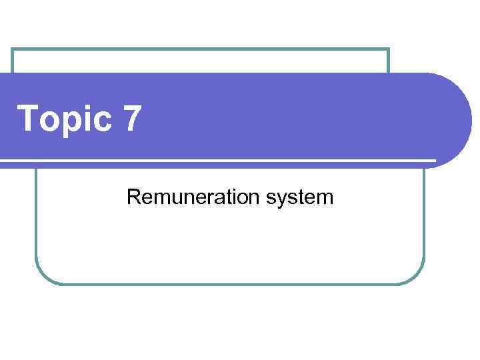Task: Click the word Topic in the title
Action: tap(64, 119)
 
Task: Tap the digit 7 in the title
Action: tap(132, 118)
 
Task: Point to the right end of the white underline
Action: tap(434, 161)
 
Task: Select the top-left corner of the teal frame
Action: tap(13, 50)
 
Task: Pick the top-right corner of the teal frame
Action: tap(388, 50)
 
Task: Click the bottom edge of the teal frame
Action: tap(230, 284)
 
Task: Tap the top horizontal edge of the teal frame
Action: tap(200, 49)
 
